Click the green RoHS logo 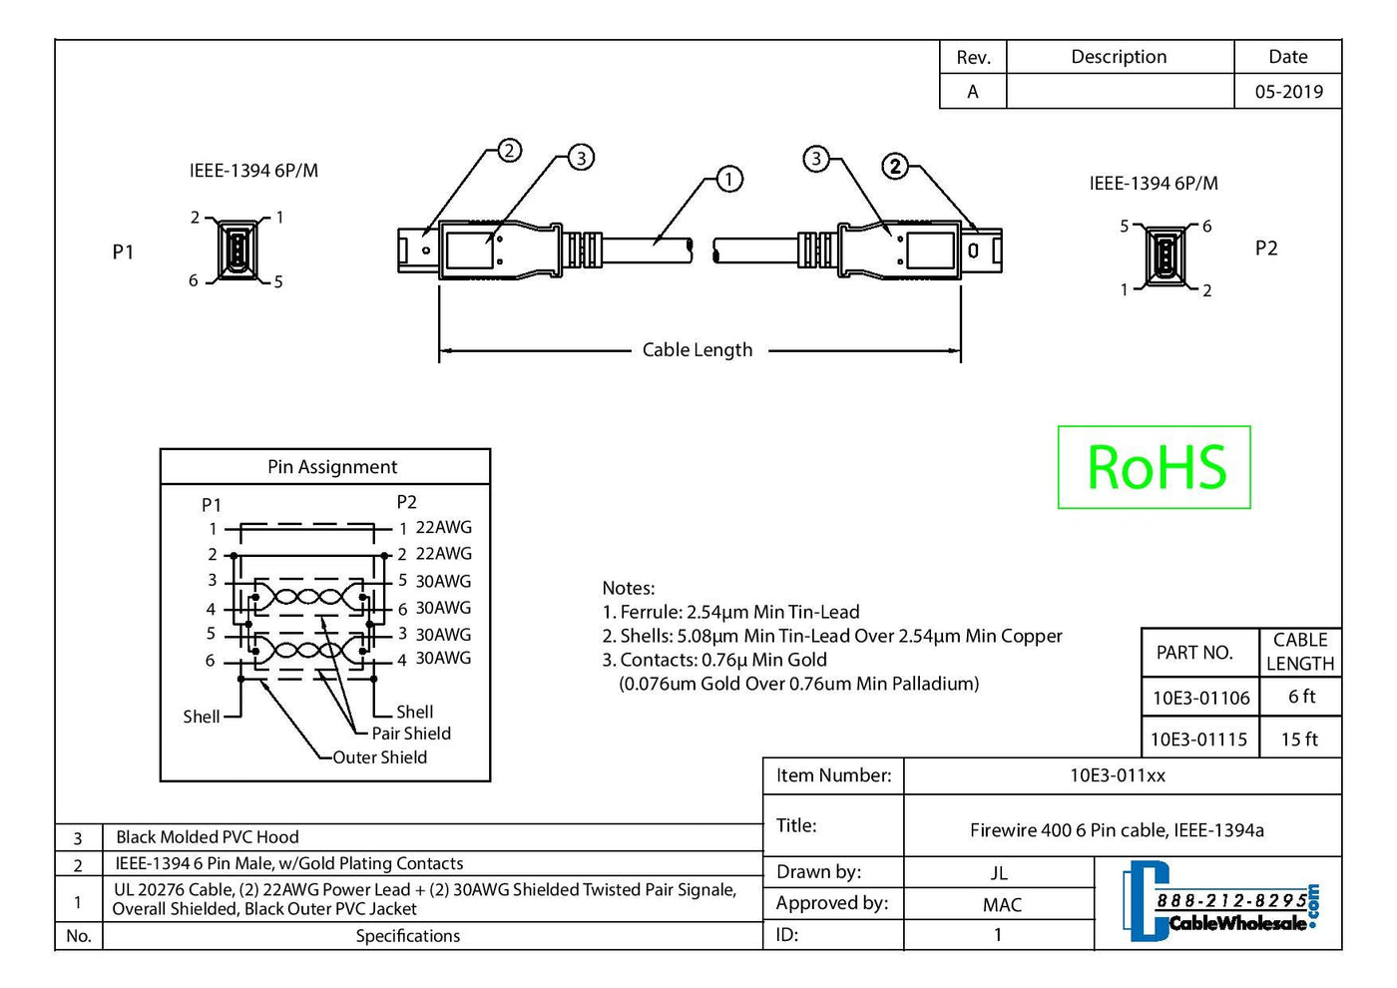pyautogui.click(x=1155, y=467)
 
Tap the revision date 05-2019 pyautogui.click(x=1288, y=92)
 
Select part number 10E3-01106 pyautogui.click(x=1200, y=698)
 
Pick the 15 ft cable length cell pyautogui.click(x=1299, y=740)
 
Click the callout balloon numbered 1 pyautogui.click(x=729, y=179)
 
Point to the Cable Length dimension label pyautogui.click(x=698, y=350)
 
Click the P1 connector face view pyautogui.click(x=236, y=249)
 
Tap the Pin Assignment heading pyautogui.click(x=332, y=467)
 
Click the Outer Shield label pyautogui.click(x=380, y=757)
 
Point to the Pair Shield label pyautogui.click(x=411, y=734)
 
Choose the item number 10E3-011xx pyautogui.click(x=1118, y=775)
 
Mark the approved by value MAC pyautogui.click(x=1002, y=905)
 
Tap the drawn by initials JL pyautogui.click(x=999, y=873)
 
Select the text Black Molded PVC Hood pyautogui.click(x=208, y=837)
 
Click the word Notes pyautogui.click(x=629, y=588)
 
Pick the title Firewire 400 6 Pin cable pyautogui.click(x=1117, y=830)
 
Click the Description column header pyautogui.click(x=1119, y=57)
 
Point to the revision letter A pyautogui.click(x=973, y=92)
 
